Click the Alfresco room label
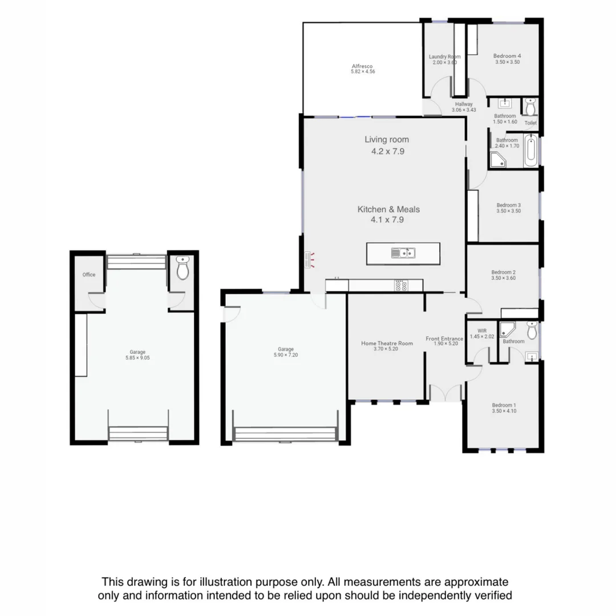(362, 66)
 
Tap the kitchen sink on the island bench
(403, 253)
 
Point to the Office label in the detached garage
(88, 274)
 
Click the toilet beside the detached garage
(183, 268)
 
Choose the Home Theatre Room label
(387, 343)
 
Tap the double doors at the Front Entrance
(445, 393)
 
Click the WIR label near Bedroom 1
(474, 330)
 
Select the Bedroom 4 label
(507, 56)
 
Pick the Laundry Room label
(444, 56)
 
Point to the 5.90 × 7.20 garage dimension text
(285, 355)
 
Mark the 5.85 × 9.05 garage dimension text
(137, 358)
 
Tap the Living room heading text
(387, 139)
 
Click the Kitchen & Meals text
(388, 209)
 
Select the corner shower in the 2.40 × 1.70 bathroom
(498, 160)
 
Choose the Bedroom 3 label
(508, 205)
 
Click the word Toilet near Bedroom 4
(530, 123)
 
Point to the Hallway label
(463, 104)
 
